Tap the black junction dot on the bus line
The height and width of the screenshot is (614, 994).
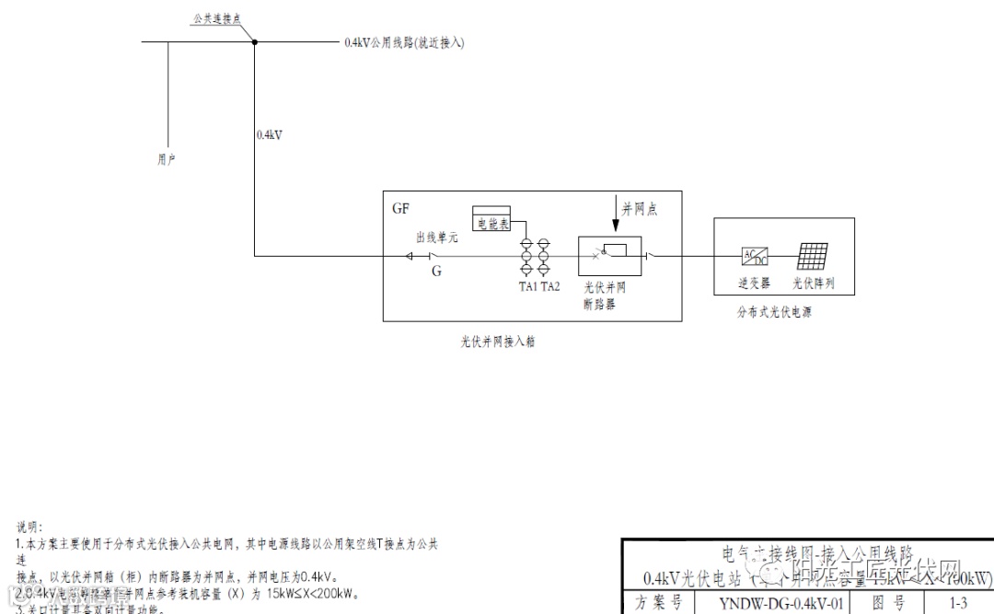[x=255, y=41]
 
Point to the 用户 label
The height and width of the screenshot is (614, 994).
[x=167, y=159]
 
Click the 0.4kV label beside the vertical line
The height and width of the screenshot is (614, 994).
[x=269, y=134]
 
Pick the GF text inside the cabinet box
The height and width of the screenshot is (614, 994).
[x=400, y=209]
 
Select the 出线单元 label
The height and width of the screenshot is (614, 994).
[x=437, y=237]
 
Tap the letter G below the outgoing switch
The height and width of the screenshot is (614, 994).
[x=436, y=272]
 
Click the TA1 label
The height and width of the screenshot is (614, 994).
[x=527, y=286]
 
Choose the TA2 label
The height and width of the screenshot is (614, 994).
[x=549, y=286]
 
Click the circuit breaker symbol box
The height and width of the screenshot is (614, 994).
[x=608, y=254]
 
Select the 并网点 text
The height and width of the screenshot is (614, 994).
[x=641, y=210]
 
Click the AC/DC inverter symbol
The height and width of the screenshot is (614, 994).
[x=754, y=256]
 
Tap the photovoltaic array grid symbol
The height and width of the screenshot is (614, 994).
[x=813, y=256]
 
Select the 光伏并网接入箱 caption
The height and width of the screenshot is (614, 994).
[x=498, y=341]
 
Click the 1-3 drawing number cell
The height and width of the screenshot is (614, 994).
[x=958, y=604]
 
